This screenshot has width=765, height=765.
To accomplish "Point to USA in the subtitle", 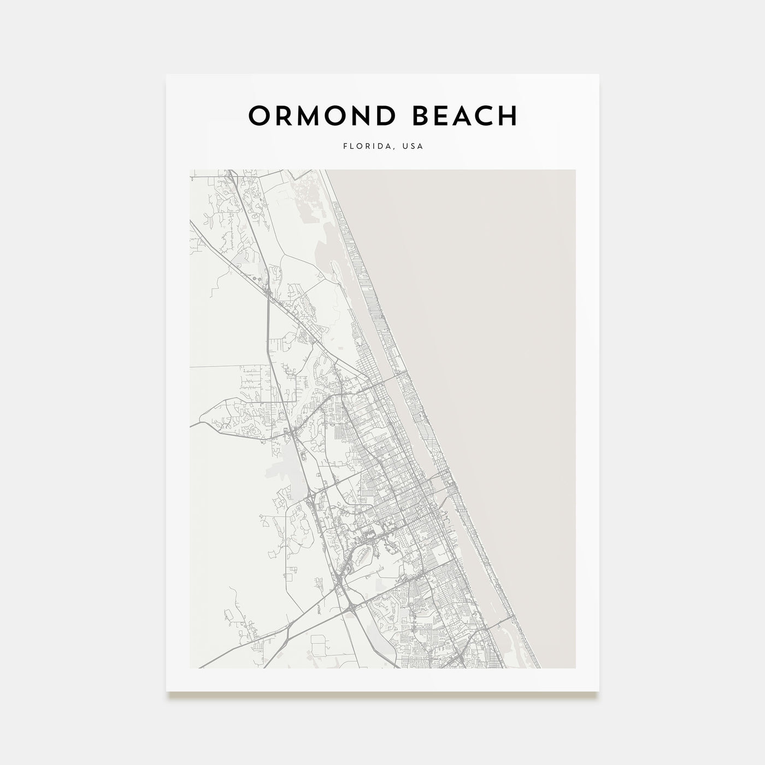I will (x=413, y=146).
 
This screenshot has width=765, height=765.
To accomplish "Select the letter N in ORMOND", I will (x=364, y=116).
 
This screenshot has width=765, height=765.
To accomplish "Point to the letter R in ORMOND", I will (x=286, y=116).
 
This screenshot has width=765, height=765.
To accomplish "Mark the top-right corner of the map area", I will (x=575, y=170).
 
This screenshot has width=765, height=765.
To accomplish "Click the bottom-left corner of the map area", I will (x=190, y=668).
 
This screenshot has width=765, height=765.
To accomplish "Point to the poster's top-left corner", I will (x=167, y=74).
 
